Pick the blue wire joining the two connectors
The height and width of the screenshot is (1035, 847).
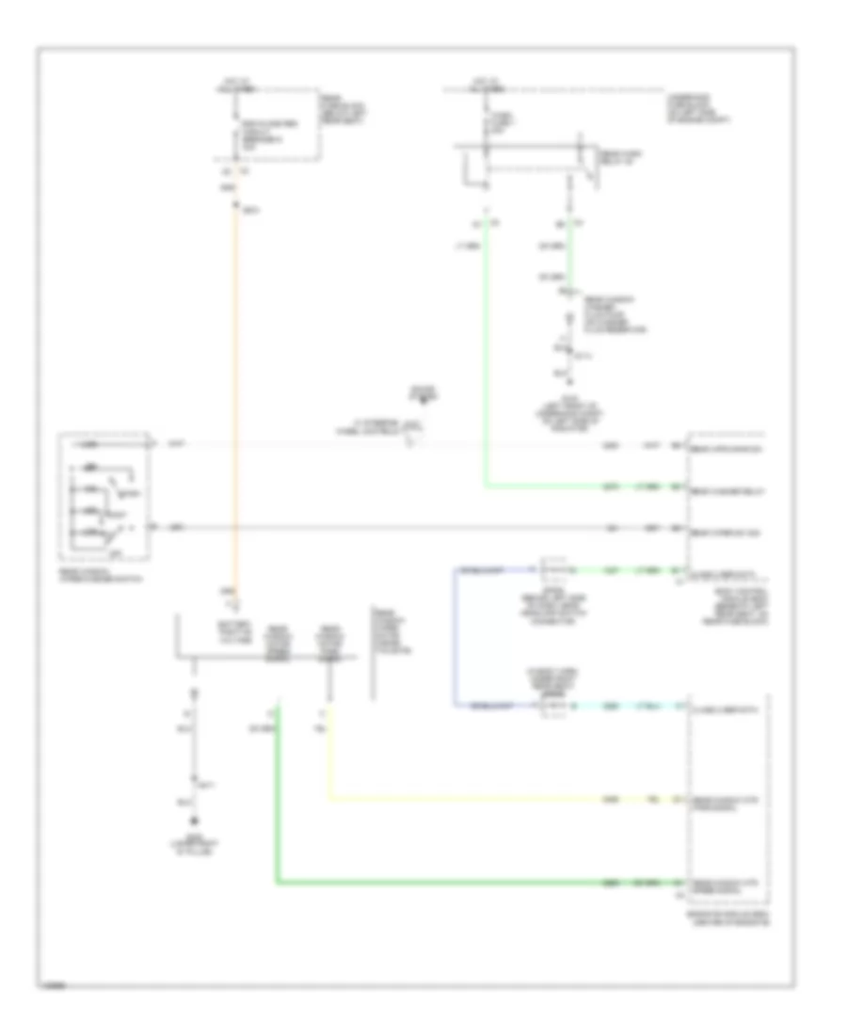454,640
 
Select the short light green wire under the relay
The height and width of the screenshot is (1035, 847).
570,254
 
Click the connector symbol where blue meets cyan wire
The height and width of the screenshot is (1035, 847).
551,704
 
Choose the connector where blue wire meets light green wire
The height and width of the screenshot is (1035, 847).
551,570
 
